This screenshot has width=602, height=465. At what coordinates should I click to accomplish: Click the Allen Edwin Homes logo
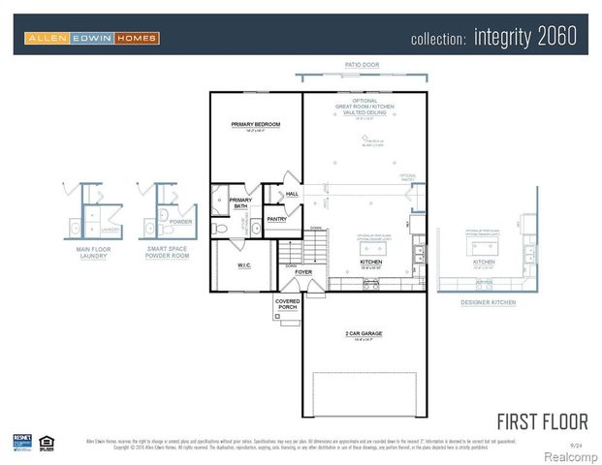[91, 38]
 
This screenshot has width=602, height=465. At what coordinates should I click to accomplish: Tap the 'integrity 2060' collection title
[493, 38]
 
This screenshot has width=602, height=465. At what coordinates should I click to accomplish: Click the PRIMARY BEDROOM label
[255, 125]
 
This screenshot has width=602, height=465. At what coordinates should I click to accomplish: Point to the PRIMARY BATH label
[240, 203]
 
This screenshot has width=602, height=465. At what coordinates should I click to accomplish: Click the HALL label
[291, 194]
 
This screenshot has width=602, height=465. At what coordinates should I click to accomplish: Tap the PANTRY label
[277, 220]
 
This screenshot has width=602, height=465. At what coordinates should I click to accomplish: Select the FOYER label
[304, 273]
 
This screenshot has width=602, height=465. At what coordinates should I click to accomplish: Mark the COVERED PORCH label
[288, 304]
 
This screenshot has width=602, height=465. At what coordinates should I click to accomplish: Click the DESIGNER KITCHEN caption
[489, 302]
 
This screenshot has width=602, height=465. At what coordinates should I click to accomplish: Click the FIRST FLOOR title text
[542, 421]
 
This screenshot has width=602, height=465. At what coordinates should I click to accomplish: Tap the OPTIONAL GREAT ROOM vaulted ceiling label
[364, 107]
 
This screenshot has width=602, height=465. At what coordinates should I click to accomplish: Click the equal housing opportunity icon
[46, 442]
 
